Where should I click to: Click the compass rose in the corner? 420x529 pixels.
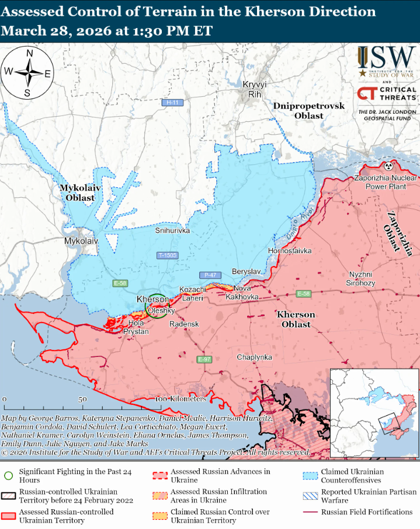(x=27, y=73)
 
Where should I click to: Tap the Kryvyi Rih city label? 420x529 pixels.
(x=254, y=89)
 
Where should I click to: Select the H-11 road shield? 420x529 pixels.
(x=171, y=103)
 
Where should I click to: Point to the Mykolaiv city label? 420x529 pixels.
(x=81, y=240)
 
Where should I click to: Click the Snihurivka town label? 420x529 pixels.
(x=173, y=231)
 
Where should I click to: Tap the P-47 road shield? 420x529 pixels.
(x=209, y=275)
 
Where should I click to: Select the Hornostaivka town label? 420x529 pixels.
(x=289, y=251)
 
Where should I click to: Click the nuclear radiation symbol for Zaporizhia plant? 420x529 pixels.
(x=388, y=167)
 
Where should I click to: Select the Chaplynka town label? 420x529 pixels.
(x=254, y=356)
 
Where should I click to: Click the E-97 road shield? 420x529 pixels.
(x=204, y=359)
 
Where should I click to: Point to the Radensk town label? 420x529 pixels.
(x=184, y=324)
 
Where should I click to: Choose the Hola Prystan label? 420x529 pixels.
(x=136, y=327)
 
